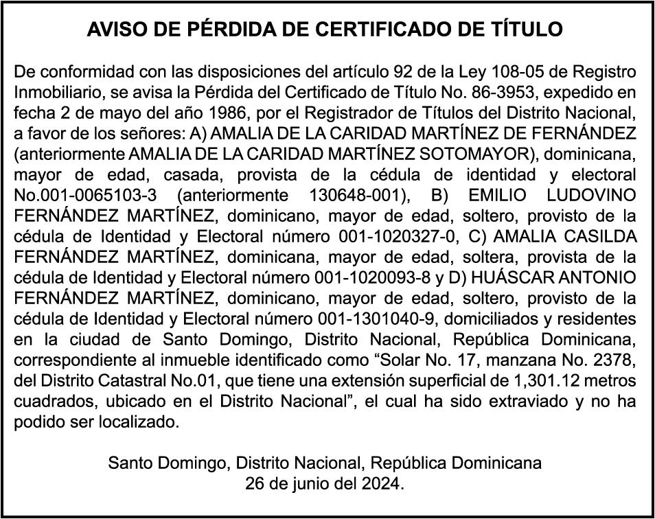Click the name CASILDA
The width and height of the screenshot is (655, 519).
[596, 238]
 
